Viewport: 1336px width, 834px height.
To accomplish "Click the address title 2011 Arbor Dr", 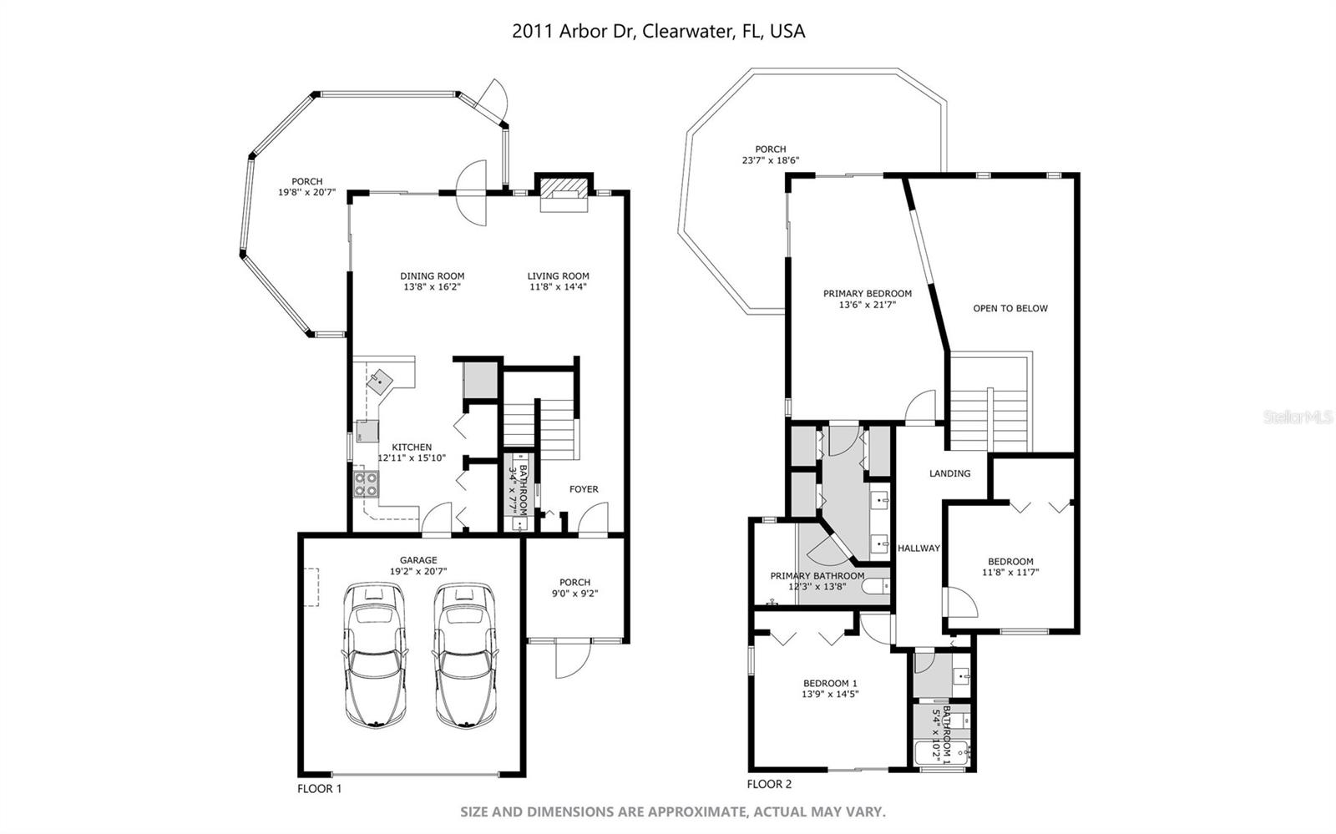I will point(658,32).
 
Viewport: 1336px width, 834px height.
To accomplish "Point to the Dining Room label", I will point(432,276).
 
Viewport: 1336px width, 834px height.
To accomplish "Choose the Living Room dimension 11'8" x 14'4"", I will point(558,287).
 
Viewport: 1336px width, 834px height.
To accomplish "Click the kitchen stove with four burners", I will point(366,485).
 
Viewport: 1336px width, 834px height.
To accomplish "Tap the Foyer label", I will point(584,489).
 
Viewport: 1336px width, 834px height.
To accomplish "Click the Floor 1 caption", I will point(320,788).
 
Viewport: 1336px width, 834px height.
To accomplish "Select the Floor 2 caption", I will point(769,784).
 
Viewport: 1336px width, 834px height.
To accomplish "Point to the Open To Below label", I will point(1010,308).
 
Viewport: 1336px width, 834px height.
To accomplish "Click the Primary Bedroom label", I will point(867,294).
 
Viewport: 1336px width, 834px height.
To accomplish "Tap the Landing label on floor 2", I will point(949,473).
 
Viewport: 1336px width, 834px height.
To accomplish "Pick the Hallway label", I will point(918,548).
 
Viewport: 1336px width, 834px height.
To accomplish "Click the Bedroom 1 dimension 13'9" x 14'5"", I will point(830,694).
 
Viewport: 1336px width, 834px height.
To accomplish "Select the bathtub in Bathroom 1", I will point(930,751).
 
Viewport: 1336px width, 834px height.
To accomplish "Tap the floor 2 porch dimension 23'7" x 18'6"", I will point(770,160).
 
